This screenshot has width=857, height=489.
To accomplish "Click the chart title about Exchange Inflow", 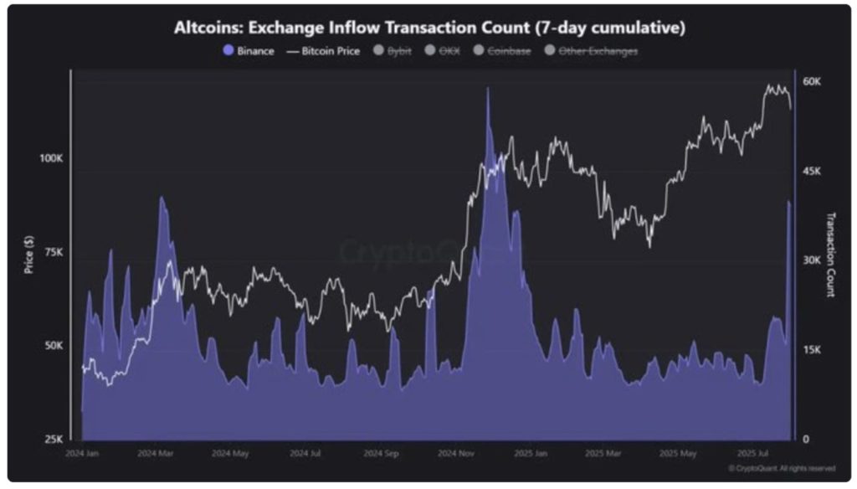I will (428, 28).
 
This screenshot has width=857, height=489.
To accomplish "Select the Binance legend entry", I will (249, 51).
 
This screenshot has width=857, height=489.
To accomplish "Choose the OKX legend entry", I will (443, 51).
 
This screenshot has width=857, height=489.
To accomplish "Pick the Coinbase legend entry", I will (501, 51).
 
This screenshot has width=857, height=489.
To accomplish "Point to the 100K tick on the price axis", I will (51, 159).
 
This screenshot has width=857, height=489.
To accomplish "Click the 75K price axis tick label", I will (54, 253).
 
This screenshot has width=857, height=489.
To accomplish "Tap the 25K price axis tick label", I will (54, 439).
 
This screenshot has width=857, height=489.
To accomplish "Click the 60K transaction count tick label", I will (812, 82).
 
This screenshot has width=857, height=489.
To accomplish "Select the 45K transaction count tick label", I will (812, 171).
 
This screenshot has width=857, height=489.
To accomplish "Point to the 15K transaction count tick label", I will (812, 350).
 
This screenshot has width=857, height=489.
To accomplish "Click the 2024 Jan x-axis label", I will (82, 454).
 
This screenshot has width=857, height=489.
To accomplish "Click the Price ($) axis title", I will (30, 253).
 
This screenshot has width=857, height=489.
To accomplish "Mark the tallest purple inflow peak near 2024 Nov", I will (487, 90).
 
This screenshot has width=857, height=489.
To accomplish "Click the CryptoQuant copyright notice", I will (781, 468).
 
